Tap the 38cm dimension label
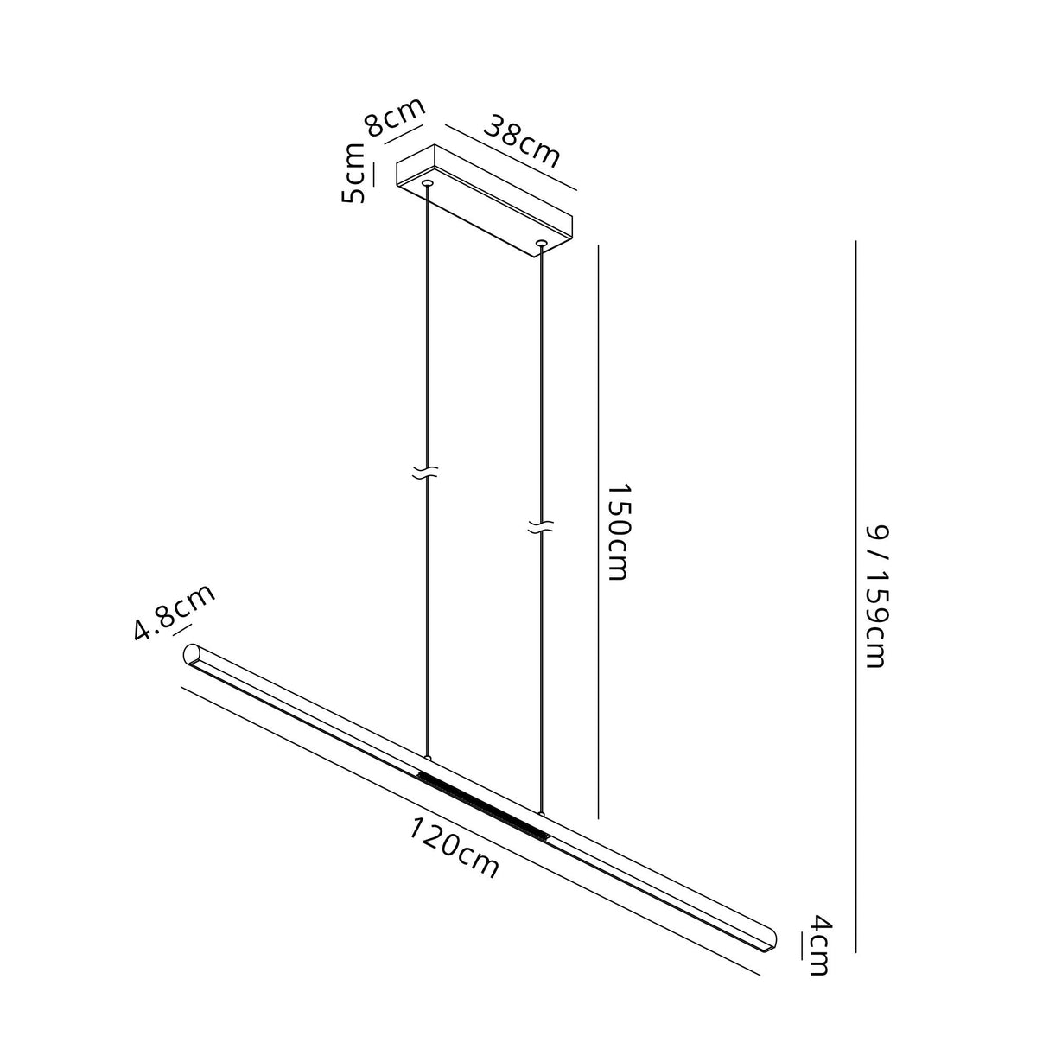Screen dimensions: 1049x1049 pyautogui.click(x=521, y=140)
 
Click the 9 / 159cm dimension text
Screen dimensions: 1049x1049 pyautogui.click(x=875, y=596)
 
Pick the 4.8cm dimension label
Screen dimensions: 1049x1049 pyautogui.click(x=174, y=613)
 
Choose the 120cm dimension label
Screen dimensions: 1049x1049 pyautogui.click(x=454, y=848)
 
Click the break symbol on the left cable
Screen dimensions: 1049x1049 pyautogui.click(x=425, y=473)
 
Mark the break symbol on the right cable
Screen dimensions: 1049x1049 pyautogui.click(x=541, y=526)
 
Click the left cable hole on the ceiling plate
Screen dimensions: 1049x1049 pyautogui.click(x=427, y=183)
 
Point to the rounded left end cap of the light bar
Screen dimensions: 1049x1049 pyautogui.click(x=192, y=654)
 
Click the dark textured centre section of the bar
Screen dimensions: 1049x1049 pyautogui.click(x=482, y=806)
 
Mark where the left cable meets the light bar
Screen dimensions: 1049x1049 pyautogui.click(x=426, y=760)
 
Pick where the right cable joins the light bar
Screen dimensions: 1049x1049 pyautogui.click(x=541, y=814)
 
